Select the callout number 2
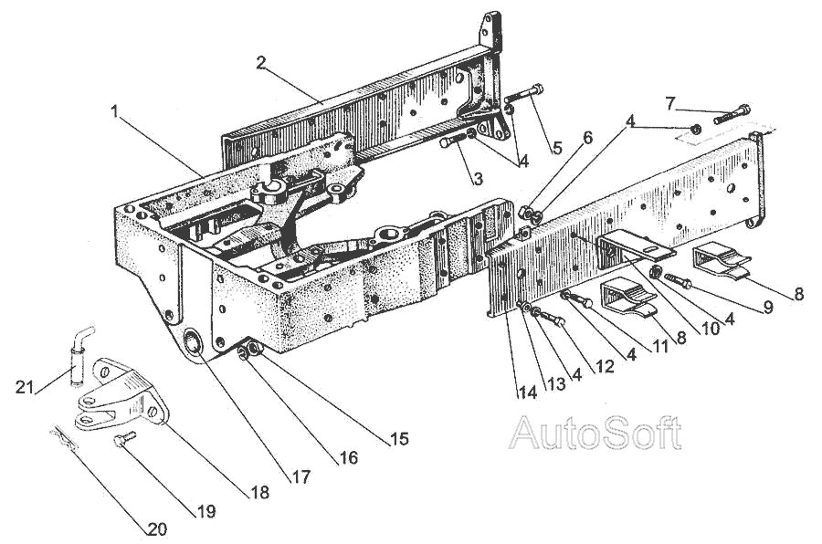(261, 63)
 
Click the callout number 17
(301, 476)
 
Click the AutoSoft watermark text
(595, 433)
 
